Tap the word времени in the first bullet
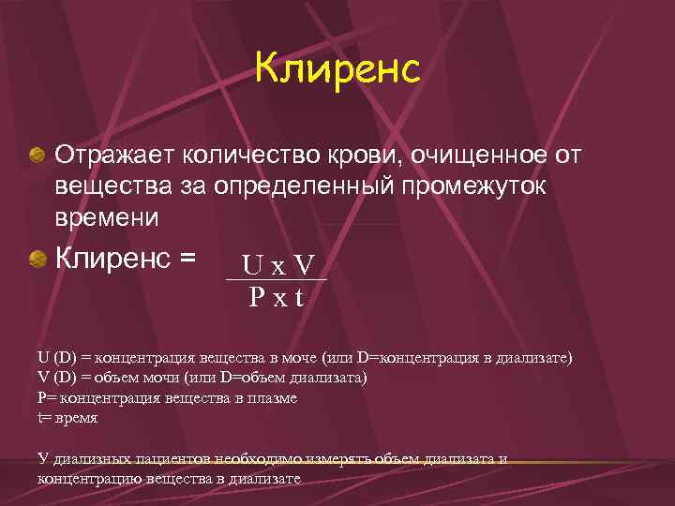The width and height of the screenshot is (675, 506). click(108, 217)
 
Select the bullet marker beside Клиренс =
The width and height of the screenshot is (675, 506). click(37, 258)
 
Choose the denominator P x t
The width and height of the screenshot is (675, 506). click(277, 298)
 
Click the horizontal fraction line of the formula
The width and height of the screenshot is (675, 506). click(277, 280)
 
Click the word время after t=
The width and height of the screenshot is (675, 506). click(76, 418)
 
